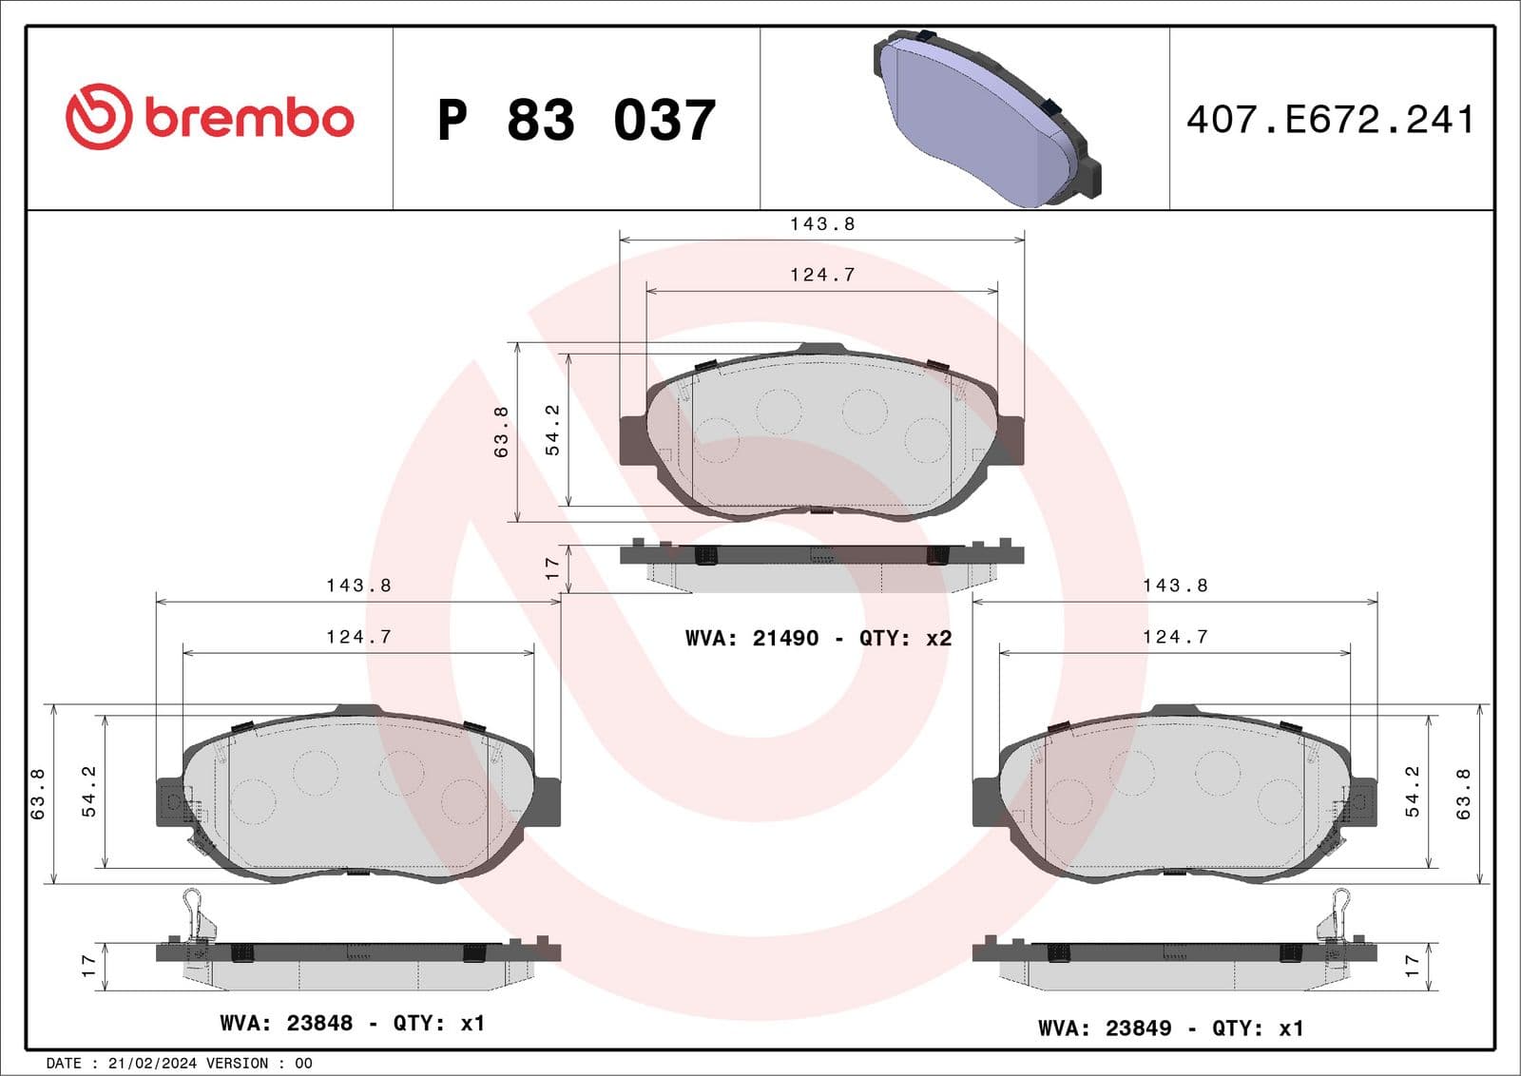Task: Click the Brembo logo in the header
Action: click(209, 117)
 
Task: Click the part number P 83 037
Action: click(576, 121)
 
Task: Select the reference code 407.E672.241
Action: click(1330, 120)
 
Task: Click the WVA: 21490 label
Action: click(751, 638)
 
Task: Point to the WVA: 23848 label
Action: click(285, 1023)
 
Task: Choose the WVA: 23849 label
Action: click(1104, 1028)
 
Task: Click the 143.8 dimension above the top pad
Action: click(822, 224)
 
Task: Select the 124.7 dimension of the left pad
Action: click(358, 637)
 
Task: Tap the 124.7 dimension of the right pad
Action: click(1175, 637)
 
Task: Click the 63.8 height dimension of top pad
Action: click(501, 432)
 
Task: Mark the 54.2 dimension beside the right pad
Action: click(1412, 791)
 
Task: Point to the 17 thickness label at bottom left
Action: click(88, 966)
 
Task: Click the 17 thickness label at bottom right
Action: click(1412, 966)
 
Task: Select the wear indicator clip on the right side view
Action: click(1338, 913)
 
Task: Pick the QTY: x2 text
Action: click(905, 638)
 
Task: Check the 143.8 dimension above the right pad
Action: click(1175, 586)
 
